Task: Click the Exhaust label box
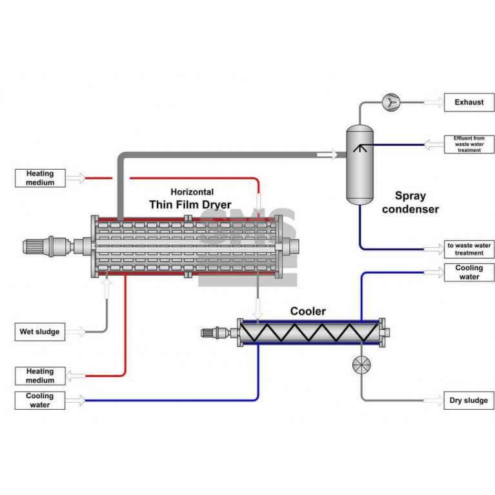point(469,102)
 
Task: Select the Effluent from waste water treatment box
point(469,144)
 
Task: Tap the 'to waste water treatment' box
point(469,249)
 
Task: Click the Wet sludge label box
point(39,332)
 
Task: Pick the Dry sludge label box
point(469,401)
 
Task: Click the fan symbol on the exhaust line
point(391,102)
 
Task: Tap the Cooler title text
point(308,311)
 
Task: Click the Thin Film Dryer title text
point(190,205)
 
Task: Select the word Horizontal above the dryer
point(192,192)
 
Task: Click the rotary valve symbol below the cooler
point(361,365)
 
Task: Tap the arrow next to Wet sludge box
point(76,332)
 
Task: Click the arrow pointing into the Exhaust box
point(433,102)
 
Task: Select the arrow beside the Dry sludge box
point(433,401)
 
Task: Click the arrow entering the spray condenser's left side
point(328,154)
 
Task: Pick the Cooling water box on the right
point(469,272)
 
